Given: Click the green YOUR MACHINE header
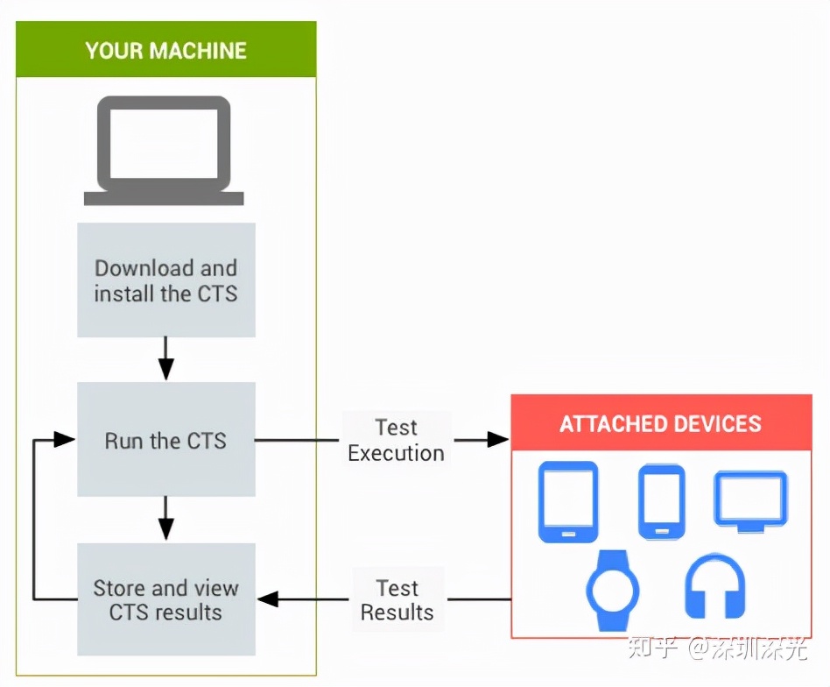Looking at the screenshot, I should pos(166,50).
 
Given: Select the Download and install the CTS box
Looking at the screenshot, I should pos(166,280).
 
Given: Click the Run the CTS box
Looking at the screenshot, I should pos(166,440).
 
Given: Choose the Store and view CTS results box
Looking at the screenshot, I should pos(166,599).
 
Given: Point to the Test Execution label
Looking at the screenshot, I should pos(397,440).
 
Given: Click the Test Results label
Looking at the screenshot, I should pos(397,600).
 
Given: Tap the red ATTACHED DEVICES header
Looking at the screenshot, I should pos(661,424).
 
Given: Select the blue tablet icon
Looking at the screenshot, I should pos(568,501).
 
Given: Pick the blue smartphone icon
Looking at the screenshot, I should pos(661,501).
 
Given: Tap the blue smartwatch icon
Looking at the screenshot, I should pos(613,590).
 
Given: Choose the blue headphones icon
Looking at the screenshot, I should pos(714,585).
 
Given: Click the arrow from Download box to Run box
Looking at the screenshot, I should pos(166,359).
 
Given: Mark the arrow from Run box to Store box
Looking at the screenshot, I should pos(166,519).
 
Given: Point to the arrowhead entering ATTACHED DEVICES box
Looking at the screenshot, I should pos(498,440).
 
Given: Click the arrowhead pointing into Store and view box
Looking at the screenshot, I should pos(268,599).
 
